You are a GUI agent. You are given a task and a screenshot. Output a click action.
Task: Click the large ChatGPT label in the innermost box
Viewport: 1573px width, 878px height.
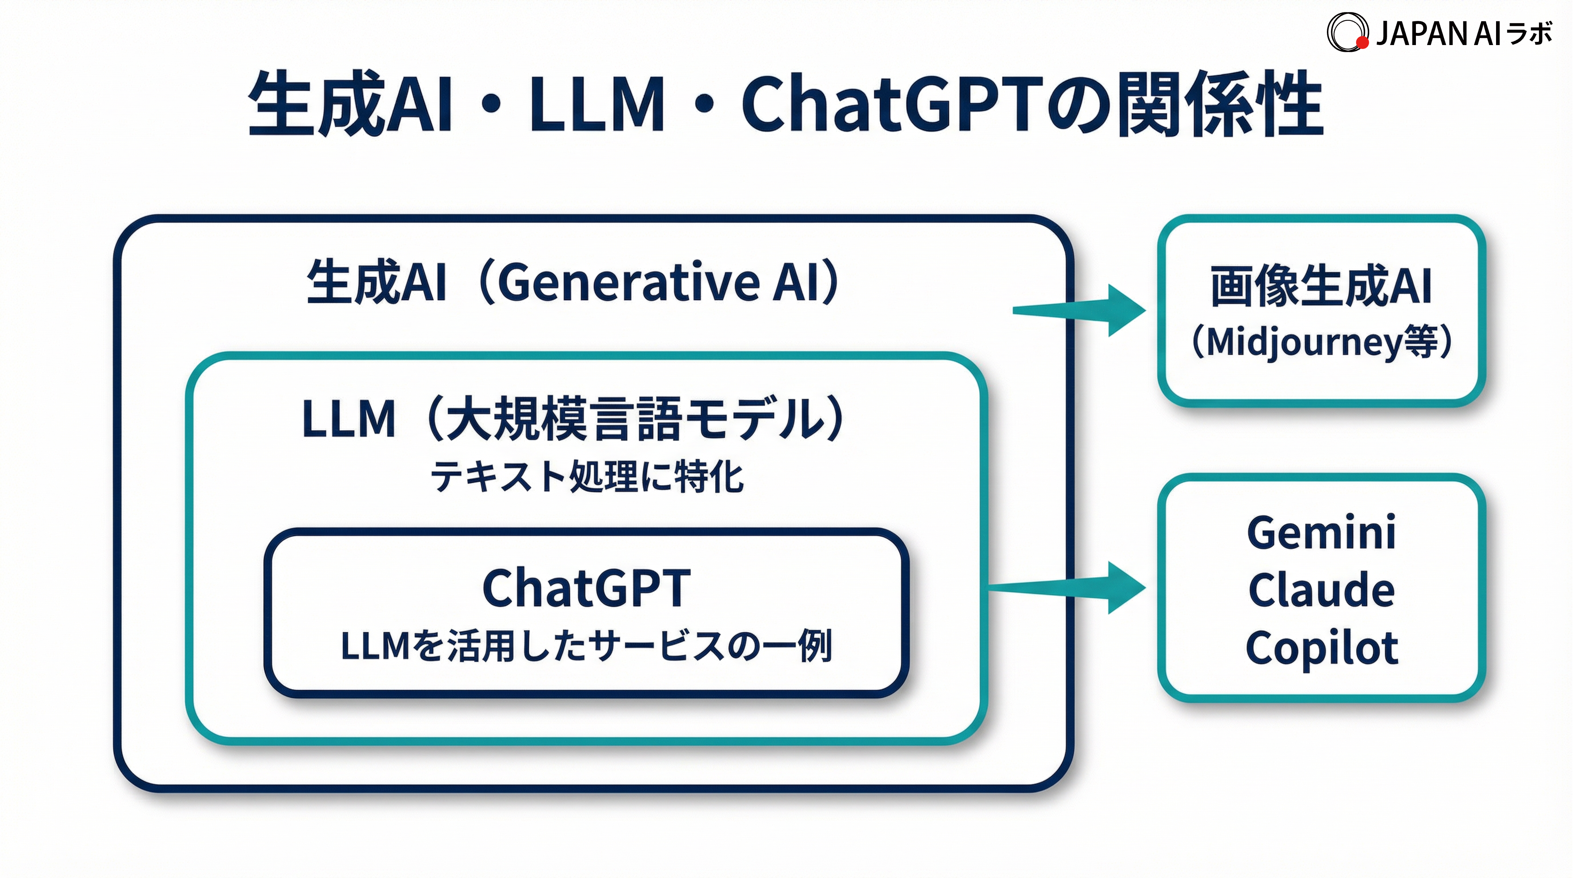pos(586,588)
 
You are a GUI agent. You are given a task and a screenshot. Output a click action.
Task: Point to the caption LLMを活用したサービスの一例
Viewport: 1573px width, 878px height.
pos(586,646)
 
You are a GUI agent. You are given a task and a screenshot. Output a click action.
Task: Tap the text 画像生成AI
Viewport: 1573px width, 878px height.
pos(1321,286)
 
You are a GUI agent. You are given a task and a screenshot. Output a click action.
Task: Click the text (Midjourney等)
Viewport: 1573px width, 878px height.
pos(1321,342)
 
